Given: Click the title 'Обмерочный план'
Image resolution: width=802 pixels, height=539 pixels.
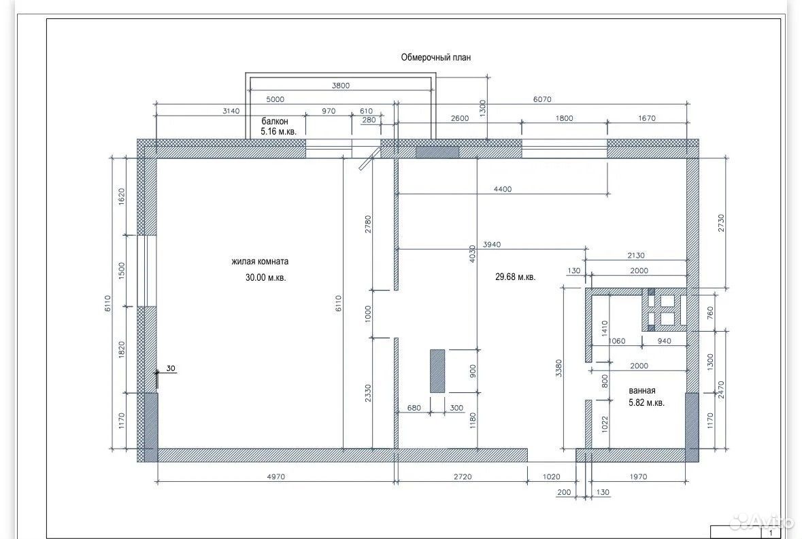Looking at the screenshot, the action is pos(436,57).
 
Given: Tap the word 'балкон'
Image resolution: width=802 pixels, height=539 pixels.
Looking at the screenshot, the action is pos(275,121).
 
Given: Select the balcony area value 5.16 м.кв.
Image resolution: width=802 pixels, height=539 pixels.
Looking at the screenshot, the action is pos(278,131).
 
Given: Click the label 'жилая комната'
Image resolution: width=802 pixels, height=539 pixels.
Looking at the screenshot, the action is pos(260,261).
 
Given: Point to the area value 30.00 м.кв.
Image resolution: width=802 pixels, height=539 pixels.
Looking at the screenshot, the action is pos(265,277).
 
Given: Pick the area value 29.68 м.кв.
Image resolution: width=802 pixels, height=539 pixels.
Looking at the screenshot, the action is pos(515,277).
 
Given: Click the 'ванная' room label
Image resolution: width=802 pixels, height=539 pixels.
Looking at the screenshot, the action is pos(642,390).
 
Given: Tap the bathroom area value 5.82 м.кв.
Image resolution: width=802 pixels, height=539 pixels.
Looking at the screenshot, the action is pos(646,402).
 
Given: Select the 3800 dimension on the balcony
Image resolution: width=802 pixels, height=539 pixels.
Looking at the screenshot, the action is pos(341,86).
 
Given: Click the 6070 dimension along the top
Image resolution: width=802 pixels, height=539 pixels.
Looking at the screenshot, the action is pos(542,99).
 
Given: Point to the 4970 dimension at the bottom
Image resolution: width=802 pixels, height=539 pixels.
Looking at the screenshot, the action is pos(275,476).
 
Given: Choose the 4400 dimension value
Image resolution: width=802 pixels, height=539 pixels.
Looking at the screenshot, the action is pos(502,189).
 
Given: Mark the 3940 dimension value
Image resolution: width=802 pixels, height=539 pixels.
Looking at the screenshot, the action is pos(492,244).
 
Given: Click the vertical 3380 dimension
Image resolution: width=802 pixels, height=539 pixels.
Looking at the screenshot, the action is pos(558,368).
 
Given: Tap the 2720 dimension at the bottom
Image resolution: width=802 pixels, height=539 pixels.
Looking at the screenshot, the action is pos(463,476).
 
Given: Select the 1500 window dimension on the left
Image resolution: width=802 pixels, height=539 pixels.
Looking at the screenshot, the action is pos(122,271).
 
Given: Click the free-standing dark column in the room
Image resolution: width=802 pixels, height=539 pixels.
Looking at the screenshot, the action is pos(437,371).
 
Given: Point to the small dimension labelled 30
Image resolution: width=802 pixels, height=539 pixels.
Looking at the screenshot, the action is pos(171,368).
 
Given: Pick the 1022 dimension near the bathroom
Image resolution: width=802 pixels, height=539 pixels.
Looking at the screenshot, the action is pos(605,424).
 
